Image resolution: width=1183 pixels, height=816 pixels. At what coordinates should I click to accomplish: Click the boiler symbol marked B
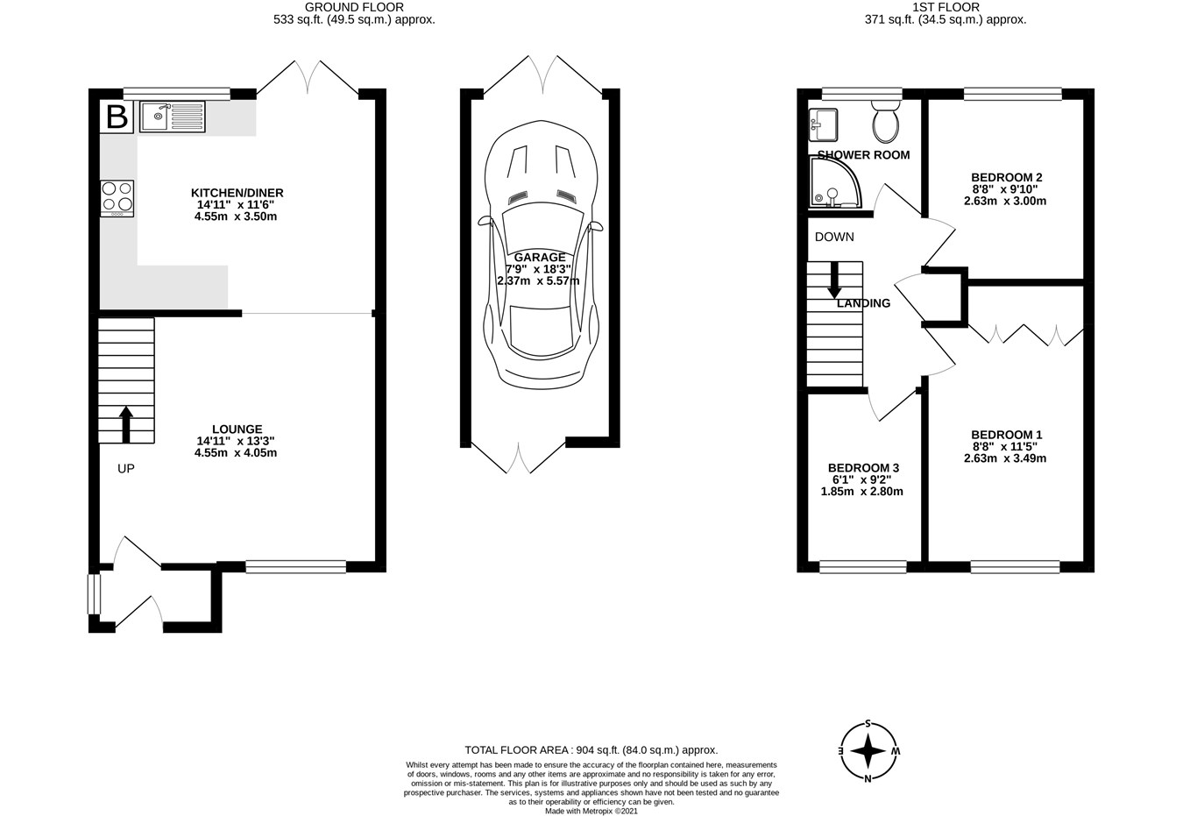pos(117,117)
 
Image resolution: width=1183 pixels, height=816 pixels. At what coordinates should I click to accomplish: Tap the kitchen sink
pos(172,117)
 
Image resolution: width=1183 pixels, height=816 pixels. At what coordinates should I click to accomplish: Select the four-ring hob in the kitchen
pos(117,198)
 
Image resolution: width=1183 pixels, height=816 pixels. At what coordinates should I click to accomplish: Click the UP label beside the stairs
pos(125,468)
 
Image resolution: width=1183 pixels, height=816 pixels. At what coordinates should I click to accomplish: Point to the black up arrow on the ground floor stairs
pos(125,424)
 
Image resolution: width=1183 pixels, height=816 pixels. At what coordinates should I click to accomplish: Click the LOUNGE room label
pos(237,429)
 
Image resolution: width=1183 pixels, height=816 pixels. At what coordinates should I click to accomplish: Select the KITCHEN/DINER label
pos(237,193)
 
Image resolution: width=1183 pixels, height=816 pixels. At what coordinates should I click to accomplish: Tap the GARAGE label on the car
pos(540,257)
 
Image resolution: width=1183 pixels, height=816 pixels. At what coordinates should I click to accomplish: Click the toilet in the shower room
pos(886,122)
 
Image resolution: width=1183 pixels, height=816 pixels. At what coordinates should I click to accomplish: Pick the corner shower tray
pos(835,181)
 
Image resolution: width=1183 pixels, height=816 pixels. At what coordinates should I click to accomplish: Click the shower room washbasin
pos(823,125)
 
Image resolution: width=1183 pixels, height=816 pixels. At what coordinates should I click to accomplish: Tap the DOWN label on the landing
pos(834,238)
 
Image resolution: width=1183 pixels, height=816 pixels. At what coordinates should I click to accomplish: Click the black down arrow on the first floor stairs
pos(834,280)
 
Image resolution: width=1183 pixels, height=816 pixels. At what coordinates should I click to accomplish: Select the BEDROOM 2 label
pos(1007,177)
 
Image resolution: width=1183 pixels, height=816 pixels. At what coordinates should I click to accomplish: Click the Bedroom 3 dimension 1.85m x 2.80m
pos(862,492)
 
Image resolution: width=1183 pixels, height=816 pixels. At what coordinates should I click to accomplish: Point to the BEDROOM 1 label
pos(1007,435)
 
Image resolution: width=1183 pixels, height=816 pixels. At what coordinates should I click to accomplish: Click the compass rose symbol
pos(868,750)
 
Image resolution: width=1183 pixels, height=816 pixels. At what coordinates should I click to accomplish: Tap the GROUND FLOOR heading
pos(354,7)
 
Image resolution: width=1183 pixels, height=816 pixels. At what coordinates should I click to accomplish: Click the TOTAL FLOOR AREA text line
pos(591,750)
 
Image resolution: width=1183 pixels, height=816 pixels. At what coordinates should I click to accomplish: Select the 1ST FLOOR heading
pos(946,7)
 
